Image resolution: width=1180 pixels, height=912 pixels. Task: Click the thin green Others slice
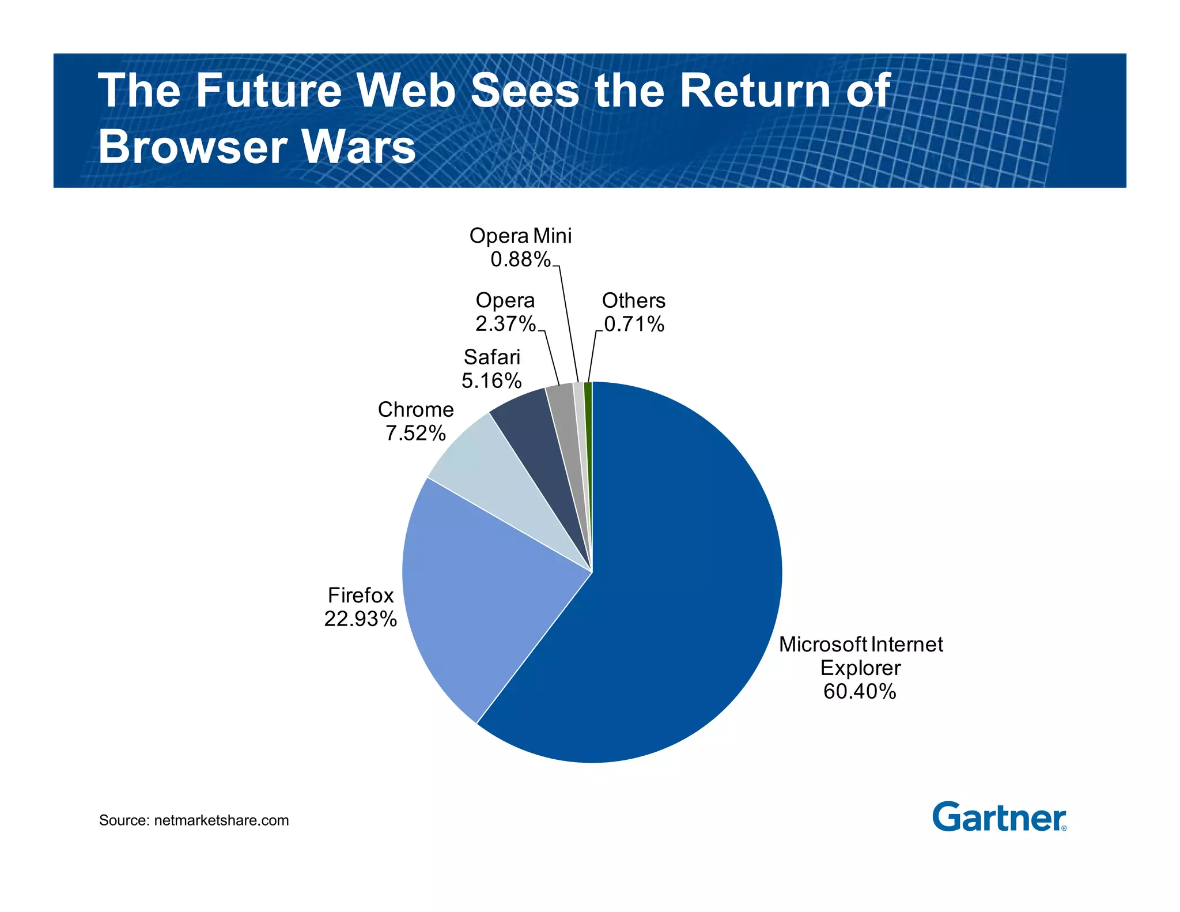point(588,404)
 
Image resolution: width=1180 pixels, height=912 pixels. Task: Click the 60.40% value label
point(860,691)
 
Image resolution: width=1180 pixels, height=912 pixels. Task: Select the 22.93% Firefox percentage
point(360,619)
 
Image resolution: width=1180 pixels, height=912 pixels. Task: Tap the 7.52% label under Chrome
point(415,433)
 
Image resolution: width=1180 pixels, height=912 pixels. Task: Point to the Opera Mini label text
point(520,236)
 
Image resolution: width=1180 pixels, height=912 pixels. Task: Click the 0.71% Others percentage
point(634,325)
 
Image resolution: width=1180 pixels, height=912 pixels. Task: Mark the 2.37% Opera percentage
point(505,325)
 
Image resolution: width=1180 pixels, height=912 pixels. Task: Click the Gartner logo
point(999,817)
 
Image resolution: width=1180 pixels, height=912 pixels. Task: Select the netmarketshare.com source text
point(221,820)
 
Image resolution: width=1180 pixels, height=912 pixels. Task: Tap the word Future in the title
point(268,91)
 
